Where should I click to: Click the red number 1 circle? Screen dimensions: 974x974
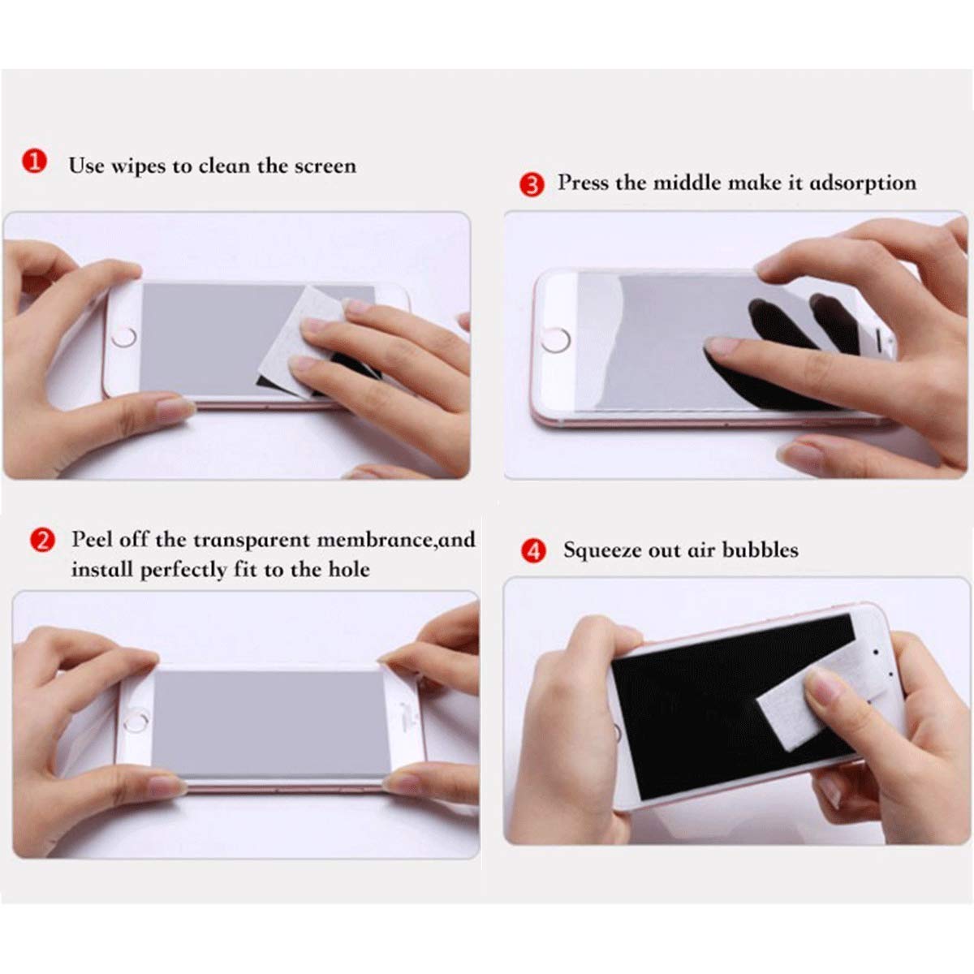click(33, 162)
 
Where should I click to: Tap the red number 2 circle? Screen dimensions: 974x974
click(42, 541)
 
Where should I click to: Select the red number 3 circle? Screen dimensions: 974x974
click(532, 184)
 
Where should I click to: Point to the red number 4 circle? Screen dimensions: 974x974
click(533, 552)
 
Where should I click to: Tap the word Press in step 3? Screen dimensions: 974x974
click(583, 183)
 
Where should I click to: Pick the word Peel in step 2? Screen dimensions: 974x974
click(93, 540)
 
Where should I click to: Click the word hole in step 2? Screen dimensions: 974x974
click(348, 569)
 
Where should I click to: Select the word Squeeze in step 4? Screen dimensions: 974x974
click(602, 550)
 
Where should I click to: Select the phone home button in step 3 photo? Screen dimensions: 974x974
click(555, 341)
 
